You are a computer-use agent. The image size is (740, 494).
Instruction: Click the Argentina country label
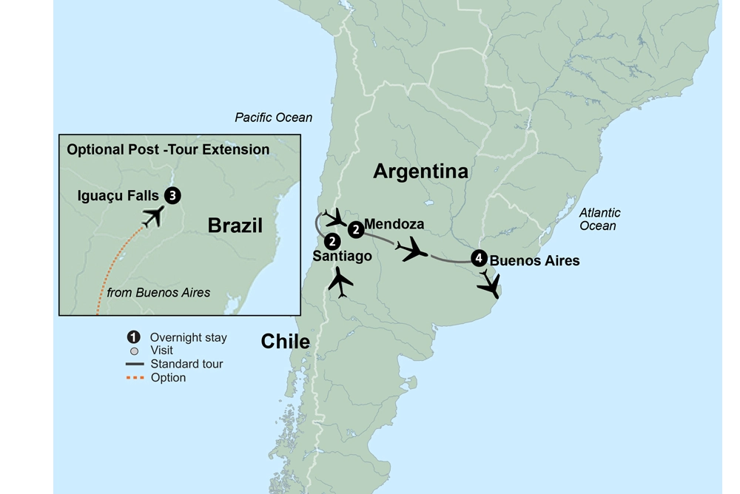click(x=420, y=172)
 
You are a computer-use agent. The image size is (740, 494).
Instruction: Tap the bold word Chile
click(x=285, y=341)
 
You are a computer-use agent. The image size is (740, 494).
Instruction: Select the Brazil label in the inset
click(x=235, y=226)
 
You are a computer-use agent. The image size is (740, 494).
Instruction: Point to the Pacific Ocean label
click(x=273, y=118)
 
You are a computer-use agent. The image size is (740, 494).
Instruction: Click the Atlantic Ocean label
click(x=599, y=219)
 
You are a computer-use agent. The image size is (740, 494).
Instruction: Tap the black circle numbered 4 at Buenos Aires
click(x=479, y=259)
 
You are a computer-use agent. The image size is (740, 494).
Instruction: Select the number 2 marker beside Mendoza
click(x=356, y=230)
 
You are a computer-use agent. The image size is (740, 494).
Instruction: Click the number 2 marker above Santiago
click(x=332, y=241)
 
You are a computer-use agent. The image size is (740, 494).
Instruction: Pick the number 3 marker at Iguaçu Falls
click(x=172, y=195)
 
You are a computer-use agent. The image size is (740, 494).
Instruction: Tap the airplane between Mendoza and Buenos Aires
click(x=412, y=251)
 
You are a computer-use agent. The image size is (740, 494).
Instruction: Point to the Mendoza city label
click(x=394, y=224)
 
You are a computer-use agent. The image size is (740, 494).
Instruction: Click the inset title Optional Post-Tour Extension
click(x=168, y=149)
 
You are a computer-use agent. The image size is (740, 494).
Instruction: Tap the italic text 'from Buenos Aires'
click(x=158, y=292)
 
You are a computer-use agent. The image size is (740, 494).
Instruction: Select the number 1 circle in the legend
click(x=134, y=337)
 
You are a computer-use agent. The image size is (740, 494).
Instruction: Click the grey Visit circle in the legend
click(x=134, y=351)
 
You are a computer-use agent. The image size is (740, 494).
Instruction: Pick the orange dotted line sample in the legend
click(x=134, y=377)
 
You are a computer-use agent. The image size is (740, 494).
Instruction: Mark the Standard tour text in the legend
click(x=186, y=364)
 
